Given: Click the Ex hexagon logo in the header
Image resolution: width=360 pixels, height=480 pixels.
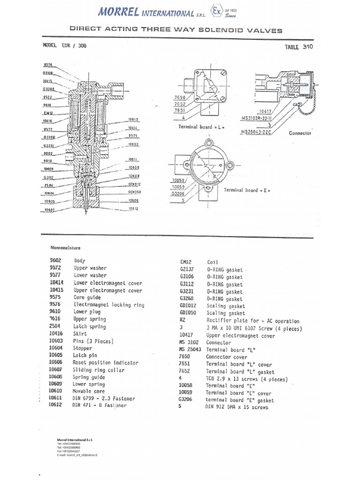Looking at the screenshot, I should [217, 11].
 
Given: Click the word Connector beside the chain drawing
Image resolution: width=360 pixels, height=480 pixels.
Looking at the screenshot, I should [300, 133].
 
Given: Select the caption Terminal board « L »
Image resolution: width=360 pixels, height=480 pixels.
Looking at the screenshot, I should [198, 127].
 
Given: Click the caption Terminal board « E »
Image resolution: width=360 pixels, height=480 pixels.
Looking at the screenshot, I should [247, 190].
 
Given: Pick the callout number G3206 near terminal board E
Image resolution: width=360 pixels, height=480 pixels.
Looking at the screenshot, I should [178, 194].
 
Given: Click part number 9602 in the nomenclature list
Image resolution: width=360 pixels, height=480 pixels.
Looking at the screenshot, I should [56, 261].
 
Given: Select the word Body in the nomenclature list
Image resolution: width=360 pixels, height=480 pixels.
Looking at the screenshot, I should [80, 261].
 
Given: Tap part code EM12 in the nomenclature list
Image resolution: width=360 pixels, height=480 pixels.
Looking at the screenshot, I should [186, 262].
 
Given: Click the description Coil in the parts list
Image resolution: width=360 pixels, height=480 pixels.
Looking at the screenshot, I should [212, 262].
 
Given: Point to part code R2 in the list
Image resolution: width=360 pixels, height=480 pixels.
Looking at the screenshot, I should [183, 321].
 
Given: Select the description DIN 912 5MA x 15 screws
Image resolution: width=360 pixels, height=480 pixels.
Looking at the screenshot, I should [237, 407].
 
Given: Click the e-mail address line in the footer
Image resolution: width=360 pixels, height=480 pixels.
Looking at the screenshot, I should [77, 455].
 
